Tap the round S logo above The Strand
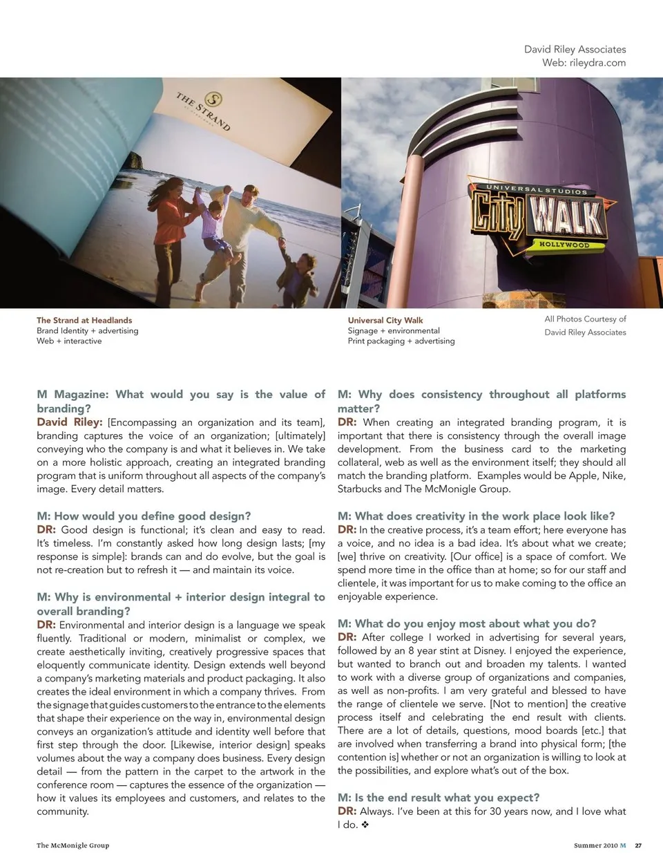pyautogui.click(x=215, y=99)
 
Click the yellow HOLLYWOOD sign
pyautogui.click(x=564, y=245)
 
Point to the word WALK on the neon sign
pyautogui.click(x=565, y=216)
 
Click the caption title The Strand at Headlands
pyautogui.click(x=84, y=321)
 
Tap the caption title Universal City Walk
pyautogui.click(x=385, y=321)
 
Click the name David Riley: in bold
pyautogui.click(x=70, y=422)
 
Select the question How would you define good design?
pyautogui.click(x=144, y=516)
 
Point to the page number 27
pyautogui.click(x=638, y=845)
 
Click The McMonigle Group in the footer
pyautogui.click(x=73, y=845)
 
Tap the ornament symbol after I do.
pyautogui.click(x=365, y=825)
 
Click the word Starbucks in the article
pyautogui.click(x=359, y=489)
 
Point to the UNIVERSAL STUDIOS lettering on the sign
pyautogui.click(x=537, y=189)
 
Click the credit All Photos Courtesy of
pyautogui.click(x=585, y=319)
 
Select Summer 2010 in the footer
pyautogui.click(x=595, y=845)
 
